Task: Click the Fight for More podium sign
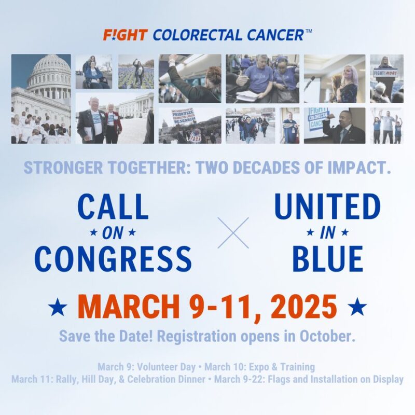pyautogui.click(x=386, y=73)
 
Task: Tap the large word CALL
pyautogui.click(x=113, y=208)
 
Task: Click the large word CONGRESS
pyautogui.click(x=113, y=258)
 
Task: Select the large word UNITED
pyautogui.click(x=327, y=208)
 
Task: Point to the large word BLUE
pyautogui.click(x=327, y=258)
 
